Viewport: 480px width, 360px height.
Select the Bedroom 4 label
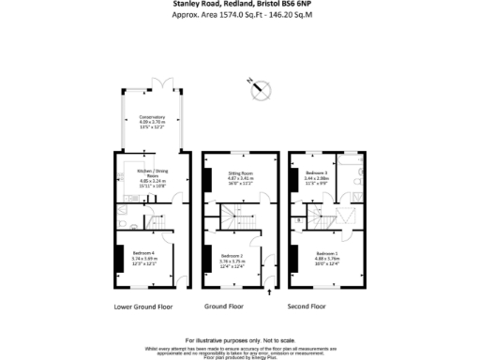click(151, 258)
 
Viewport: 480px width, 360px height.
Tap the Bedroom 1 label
click(327, 258)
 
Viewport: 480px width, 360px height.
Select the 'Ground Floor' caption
click(224, 306)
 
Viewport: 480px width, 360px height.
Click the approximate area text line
click(240, 16)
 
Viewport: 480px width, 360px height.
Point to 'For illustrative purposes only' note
click(240, 339)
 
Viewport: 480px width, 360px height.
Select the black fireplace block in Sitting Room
click(205, 178)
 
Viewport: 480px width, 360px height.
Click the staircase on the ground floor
click(231, 221)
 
